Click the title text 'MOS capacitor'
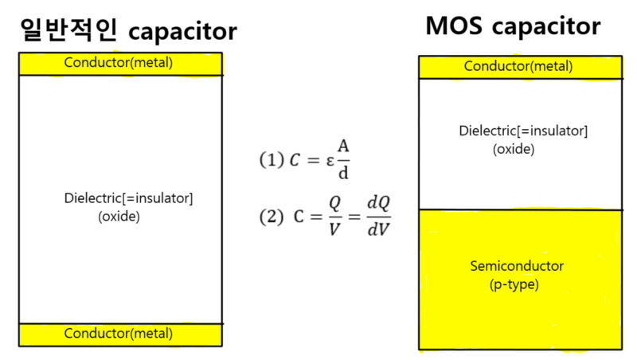pos(513,26)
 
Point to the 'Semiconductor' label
pos(517,266)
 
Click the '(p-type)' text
pos(514,284)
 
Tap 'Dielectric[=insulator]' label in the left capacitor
pos(128,198)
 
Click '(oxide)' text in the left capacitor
pos(119,215)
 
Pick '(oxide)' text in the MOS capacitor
pos(513,149)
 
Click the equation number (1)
pos(272,159)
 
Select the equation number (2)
pos(272,216)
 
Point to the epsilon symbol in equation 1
pos(329,160)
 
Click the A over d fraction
pos(343,159)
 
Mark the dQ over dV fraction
pos(378,216)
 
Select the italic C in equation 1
pos(294,159)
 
